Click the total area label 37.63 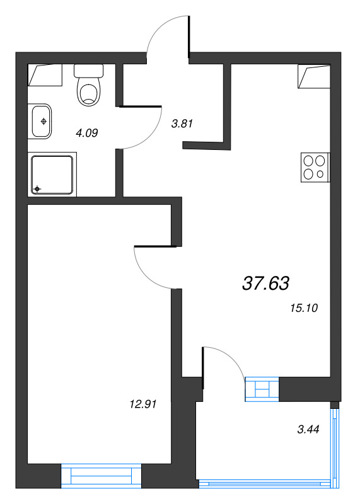tap(265, 283)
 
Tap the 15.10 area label tap(304, 308)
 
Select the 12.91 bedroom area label tap(143, 404)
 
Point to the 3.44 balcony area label tap(308, 430)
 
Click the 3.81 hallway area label tap(182, 123)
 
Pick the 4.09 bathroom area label tap(86, 133)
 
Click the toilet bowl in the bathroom tap(89, 93)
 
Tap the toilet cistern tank tap(89, 71)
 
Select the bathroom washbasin tap(40, 121)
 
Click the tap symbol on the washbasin tap(44, 122)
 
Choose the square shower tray tap(52, 175)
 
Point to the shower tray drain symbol tap(37, 188)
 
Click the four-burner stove tap(315, 167)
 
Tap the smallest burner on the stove tap(320, 175)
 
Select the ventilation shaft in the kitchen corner tap(314, 76)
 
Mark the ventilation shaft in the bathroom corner tap(45, 75)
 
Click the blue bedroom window tap(101, 476)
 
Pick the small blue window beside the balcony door tap(262, 389)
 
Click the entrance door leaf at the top tap(189, 37)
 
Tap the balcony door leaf tap(203, 368)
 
